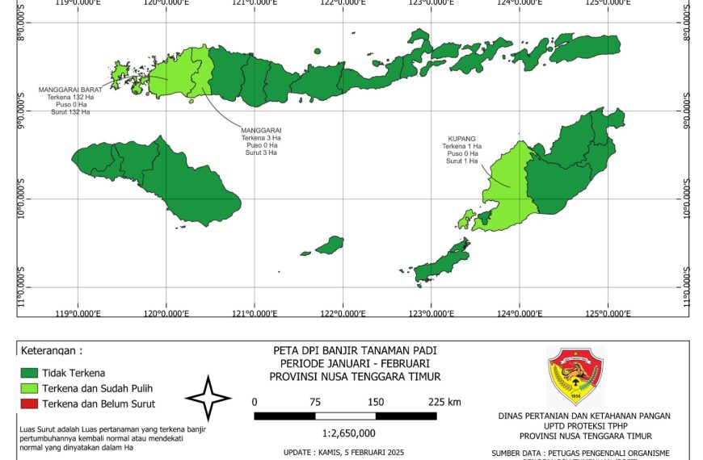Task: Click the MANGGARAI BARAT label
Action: point(69,90)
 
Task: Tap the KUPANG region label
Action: point(461,139)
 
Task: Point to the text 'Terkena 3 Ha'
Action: point(261,138)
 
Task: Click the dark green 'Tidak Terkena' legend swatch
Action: point(29,373)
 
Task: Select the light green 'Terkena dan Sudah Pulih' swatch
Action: point(29,388)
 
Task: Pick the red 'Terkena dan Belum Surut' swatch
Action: point(29,404)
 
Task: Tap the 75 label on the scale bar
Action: point(315,402)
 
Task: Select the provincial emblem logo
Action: point(575,377)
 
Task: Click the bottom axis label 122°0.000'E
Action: point(343,314)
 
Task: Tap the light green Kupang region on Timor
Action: point(505,194)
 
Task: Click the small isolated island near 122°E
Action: point(330,245)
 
